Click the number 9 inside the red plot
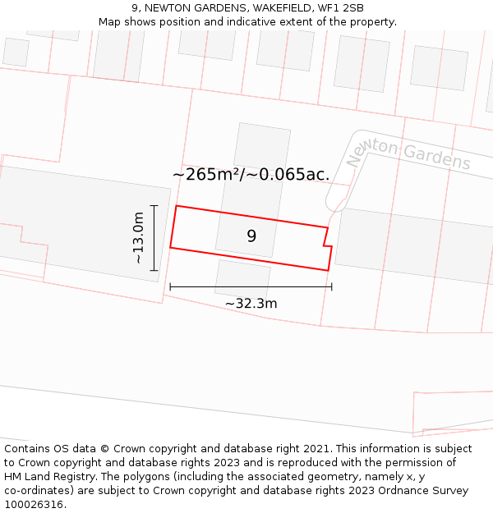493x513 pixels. pyautogui.click(x=251, y=236)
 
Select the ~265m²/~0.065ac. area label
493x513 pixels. pyautogui.click(x=251, y=174)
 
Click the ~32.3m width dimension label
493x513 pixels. pyautogui.click(x=251, y=304)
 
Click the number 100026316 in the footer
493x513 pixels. pyautogui.click(x=33, y=505)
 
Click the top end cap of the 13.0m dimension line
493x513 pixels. pyautogui.click(x=154, y=205)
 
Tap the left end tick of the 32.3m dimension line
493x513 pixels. pyautogui.click(x=170, y=286)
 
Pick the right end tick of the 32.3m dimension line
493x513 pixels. pyautogui.click(x=331, y=286)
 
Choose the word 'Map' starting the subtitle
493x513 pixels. pyautogui.click(x=109, y=22)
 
